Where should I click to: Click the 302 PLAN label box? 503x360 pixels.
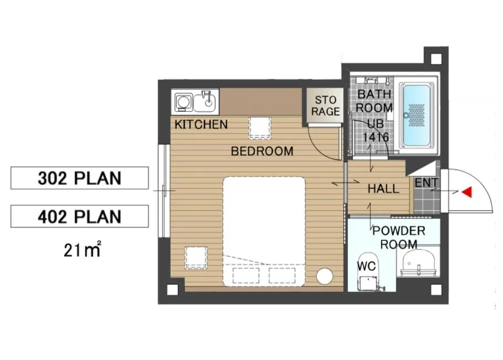pos(80,178)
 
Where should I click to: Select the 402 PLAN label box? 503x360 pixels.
pos(80,216)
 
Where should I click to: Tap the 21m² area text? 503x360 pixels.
pos(83,249)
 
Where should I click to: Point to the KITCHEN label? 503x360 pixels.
pos(201,124)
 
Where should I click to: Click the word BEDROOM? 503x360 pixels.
pos(262,151)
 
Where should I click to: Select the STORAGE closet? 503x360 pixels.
pos(325,106)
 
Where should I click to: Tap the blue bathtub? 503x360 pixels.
pos(417,115)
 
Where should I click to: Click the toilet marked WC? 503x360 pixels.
pos(368,272)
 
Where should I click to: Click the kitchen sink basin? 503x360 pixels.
pos(206,101)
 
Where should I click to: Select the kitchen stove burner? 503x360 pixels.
pos(183,102)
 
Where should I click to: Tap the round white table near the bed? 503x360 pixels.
pos(325,276)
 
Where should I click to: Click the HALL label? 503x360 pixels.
pos(383,189)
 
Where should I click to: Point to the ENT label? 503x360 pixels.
pos(426,183)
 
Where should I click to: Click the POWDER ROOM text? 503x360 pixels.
pos(399,238)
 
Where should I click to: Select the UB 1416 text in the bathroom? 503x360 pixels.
pos(376,131)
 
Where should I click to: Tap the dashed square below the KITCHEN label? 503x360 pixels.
pos(260,128)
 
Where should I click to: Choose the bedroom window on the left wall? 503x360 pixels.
pos(164,191)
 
